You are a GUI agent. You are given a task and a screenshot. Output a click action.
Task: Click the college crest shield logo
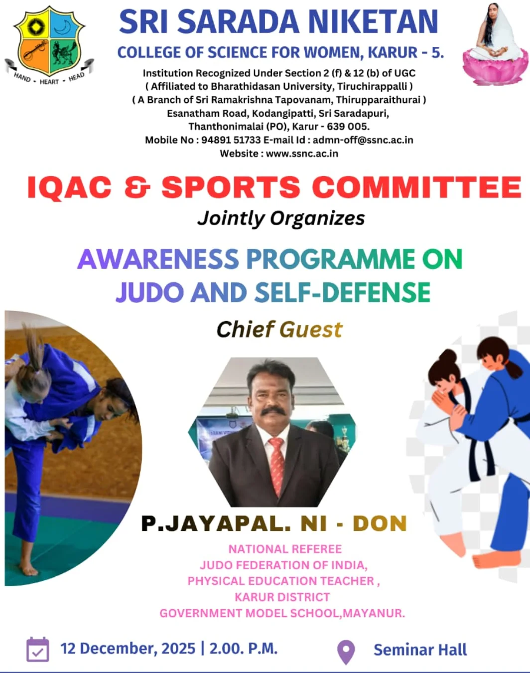49,42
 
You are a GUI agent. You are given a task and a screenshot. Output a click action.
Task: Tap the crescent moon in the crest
65,27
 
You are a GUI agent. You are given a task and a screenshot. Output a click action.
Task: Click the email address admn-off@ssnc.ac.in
363,140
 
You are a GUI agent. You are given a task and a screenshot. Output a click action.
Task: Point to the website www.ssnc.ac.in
302,154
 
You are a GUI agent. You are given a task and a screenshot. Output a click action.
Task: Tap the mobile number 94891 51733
231,140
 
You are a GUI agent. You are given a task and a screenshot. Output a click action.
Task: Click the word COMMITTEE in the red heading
417,187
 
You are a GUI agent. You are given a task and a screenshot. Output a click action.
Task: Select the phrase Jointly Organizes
281,218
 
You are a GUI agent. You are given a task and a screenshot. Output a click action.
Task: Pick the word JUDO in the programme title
150,292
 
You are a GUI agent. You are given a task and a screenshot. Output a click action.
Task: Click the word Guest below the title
311,330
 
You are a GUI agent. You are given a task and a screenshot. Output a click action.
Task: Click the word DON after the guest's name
380,524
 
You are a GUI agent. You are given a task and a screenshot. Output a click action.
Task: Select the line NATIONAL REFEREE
285,549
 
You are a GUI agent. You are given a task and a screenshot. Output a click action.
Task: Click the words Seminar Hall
420,650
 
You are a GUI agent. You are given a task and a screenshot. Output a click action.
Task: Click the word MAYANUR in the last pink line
374,613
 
